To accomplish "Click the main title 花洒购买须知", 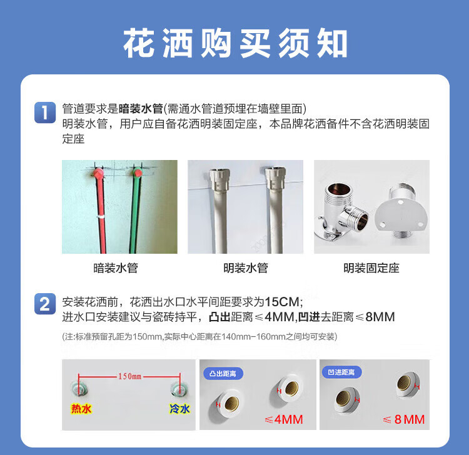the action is click(235, 43).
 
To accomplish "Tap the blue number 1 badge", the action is click(45, 112).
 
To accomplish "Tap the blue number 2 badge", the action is click(45, 304).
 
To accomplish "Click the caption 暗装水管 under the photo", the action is click(116, 268).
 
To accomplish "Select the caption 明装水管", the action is click(246, 268).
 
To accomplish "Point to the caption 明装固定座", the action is click(371, 268).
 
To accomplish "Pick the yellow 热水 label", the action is click(81, 408).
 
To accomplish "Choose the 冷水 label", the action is click(179, 408).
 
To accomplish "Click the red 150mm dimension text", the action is click(129, 376).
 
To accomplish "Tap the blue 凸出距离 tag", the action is click(223, 373).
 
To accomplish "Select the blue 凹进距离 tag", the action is click(341, 372).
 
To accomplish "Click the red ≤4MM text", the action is click(283, 419).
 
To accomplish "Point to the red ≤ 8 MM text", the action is click(404, 419).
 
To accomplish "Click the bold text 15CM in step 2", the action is click(282, 302).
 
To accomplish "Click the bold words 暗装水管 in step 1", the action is click(141, 109).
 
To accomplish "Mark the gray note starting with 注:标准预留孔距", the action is click(199, 337).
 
